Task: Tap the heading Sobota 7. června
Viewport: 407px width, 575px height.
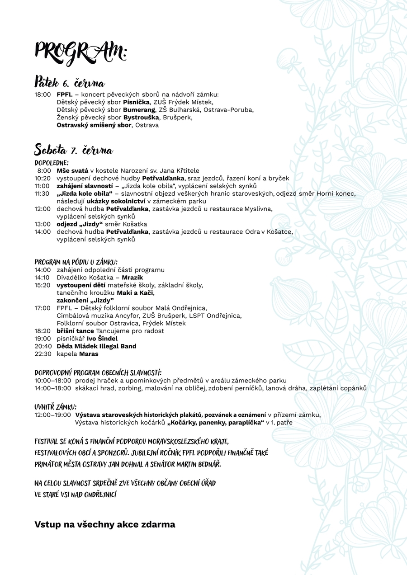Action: pyautogui.click(x=73, y=150)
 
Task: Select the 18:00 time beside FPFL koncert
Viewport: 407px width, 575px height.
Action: pyautogui.click(x=43, y=94)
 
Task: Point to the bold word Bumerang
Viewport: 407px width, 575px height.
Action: pyautogui.click(x=139, y=110)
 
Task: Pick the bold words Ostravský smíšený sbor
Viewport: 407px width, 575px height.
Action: pyautogui.click(x=94, y=125)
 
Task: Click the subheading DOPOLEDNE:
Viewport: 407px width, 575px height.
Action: pyautogui.click(x=52, y=163)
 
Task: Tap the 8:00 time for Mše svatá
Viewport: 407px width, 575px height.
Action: pyautogui.click(x=44, y=171)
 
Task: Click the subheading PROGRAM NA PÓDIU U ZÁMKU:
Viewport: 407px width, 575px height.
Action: pyautogui.click(x=76, y=262)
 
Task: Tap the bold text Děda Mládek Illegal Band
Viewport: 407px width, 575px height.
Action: pyautogui.click(x=96, y=346)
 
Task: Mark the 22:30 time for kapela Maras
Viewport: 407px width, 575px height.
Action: pyautogui.click(x=43, y=354)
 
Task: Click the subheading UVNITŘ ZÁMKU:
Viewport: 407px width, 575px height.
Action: pyautogui.click(x=55, y=407)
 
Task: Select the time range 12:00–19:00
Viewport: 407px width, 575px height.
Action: pyautogui.click(x=52, y=415)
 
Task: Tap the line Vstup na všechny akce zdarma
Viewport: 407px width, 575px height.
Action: pyautogui.click(x=104, y=525)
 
